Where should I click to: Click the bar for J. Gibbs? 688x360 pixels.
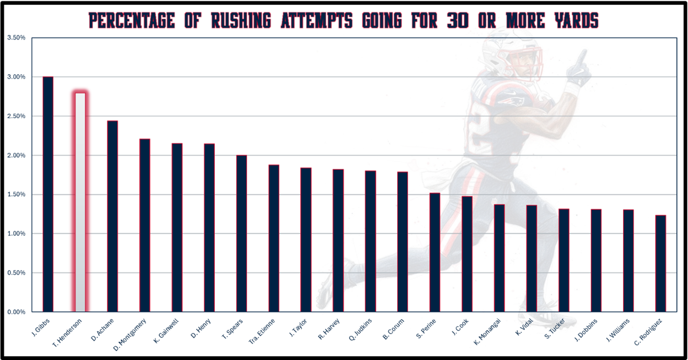(48, 194)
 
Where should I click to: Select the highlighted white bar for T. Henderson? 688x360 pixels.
(80, 202)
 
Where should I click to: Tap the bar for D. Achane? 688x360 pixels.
(112, 216)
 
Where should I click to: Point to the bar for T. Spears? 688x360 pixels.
(241, 233)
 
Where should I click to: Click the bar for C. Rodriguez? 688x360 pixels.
(660, 263)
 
